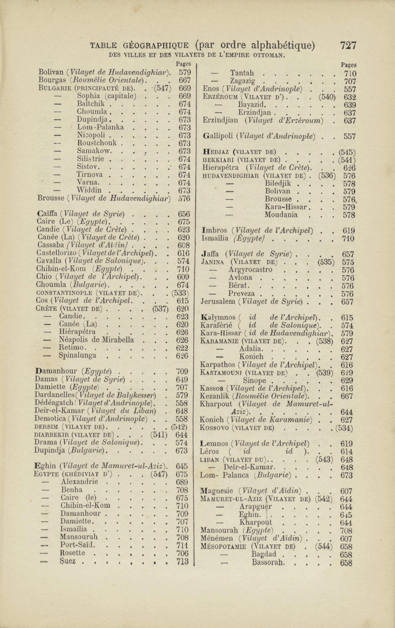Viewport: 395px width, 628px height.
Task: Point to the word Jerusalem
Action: pyautogui.click(x=218, y=302)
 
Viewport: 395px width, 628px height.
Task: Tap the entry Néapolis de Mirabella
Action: pyautogui.click(x=96, y=340)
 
